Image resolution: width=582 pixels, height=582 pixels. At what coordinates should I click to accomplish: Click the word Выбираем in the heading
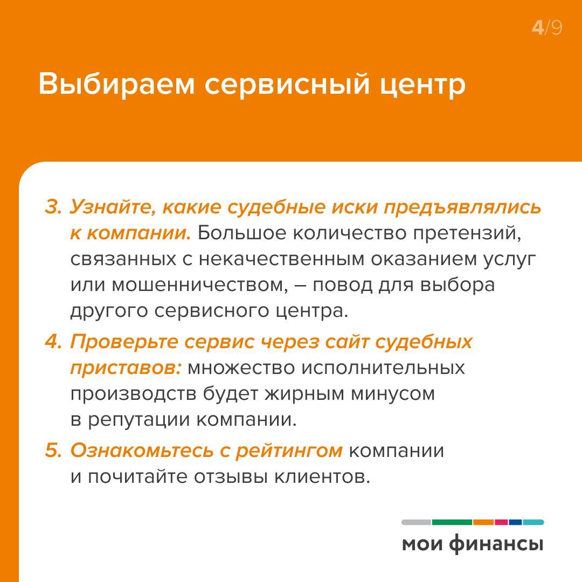[x=116, y=84]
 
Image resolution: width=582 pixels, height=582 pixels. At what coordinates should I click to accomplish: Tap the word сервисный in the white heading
[x=287, y=84]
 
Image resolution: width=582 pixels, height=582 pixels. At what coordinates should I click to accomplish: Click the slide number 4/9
[x=547, y=28]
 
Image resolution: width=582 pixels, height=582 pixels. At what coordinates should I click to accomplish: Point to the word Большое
[x=242, y=233]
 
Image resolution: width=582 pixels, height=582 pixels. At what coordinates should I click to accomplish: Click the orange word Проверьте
[x=124, y=342]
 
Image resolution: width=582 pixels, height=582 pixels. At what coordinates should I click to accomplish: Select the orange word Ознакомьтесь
[x=142, y=451]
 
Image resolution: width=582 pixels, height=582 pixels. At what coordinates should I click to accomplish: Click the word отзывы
[x=231, y=477]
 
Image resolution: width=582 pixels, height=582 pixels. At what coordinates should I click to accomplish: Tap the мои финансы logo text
[x=473, y=544]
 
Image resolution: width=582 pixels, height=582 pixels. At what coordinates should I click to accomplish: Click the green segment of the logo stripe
[x=452, y=522]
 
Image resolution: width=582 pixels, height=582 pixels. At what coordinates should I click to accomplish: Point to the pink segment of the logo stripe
[x=501, y=522]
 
